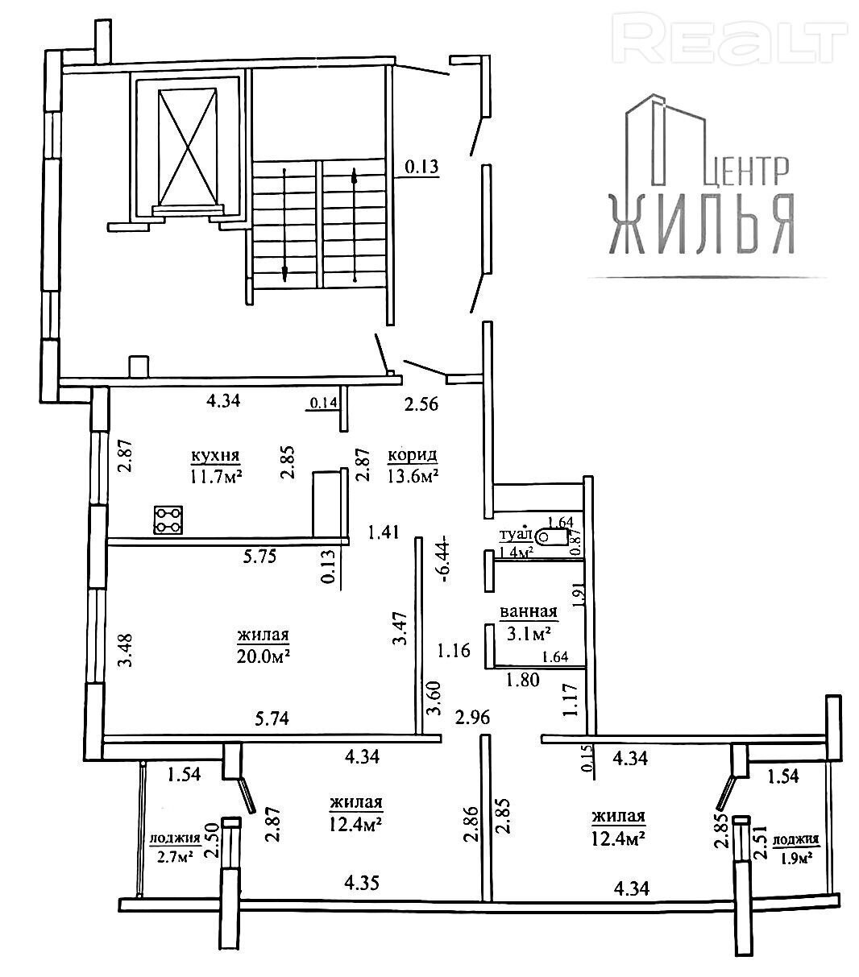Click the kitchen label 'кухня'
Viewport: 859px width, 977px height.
(x=216, y=455)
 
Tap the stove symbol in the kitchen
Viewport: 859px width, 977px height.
(x=168, y=520)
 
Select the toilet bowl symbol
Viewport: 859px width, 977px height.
(x=553, y=536)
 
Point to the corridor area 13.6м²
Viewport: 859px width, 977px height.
(x=413, y=476)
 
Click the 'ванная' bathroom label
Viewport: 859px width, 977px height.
(x=529, y=612)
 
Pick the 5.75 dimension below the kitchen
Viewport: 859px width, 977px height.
(x=259, y=557)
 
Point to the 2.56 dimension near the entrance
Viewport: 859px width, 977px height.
(x=421, y=404)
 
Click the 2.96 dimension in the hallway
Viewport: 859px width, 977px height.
(x=472, y=717)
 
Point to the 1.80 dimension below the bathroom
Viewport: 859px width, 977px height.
(x=522, y=679)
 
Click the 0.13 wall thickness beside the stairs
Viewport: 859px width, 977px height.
(x=421, y=167)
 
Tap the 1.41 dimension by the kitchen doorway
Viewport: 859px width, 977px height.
(x=384, y=532)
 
